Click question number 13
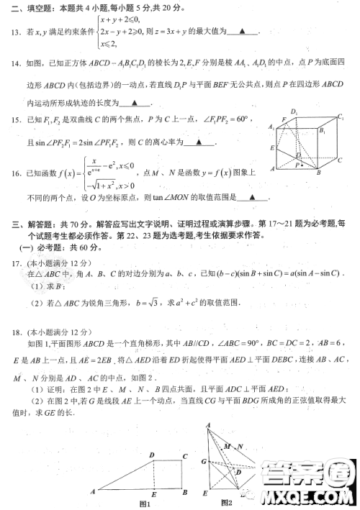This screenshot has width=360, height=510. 14,32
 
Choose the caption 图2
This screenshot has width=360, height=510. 226,501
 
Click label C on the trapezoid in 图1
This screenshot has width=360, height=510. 186,456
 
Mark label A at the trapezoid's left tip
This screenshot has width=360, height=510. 94,492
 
